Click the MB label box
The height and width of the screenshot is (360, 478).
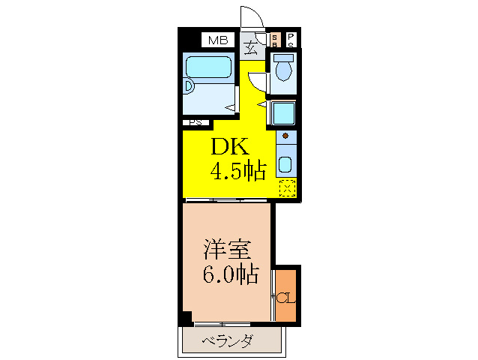[217, 40]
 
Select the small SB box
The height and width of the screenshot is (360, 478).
[275, 40]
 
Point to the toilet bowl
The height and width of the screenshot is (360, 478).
[283, 70]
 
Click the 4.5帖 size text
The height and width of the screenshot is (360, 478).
[238, 172]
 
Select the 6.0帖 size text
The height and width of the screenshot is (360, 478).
[231, 274]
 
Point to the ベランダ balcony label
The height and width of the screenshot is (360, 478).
[228, 342]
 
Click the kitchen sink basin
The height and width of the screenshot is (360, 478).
[285, 165]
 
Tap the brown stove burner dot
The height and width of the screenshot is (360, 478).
[285, 136]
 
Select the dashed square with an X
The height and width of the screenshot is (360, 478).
[287, 188]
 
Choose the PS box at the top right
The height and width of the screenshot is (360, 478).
[291, 40]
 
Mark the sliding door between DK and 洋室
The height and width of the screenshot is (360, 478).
[225, 200]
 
